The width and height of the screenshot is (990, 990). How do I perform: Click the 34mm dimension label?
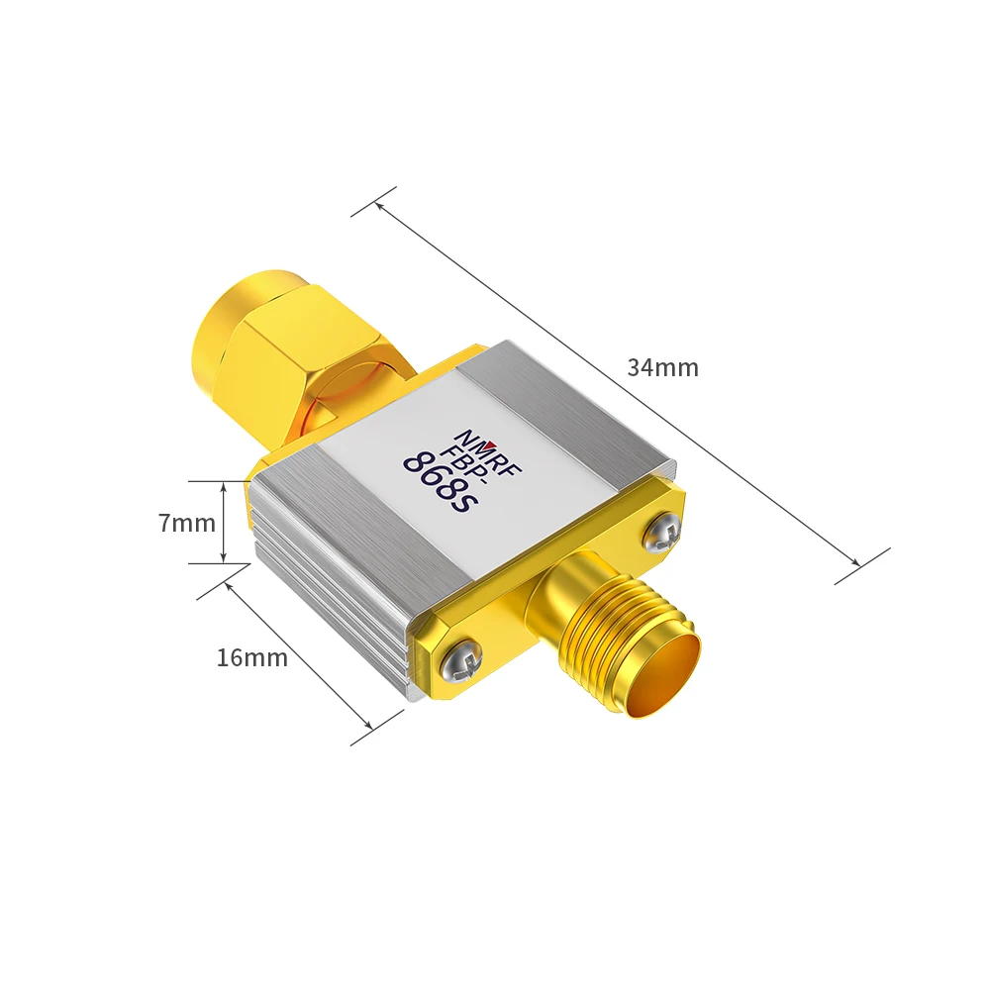tap(662, 368)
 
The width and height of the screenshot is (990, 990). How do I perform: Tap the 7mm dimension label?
tap(186, 523)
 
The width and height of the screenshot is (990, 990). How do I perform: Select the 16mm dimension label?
tap(252, 657)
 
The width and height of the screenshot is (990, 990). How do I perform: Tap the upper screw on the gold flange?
tap(660, 534)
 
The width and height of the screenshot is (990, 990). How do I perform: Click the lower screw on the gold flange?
tap(462, 658)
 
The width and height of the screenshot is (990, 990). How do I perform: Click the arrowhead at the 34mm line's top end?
tap(378, 205)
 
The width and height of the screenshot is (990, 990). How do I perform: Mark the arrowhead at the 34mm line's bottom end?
tap(857, 564)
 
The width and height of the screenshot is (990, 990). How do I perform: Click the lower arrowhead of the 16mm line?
tap(370, 731)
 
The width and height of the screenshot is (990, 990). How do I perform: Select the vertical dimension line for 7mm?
tap(225, 523)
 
